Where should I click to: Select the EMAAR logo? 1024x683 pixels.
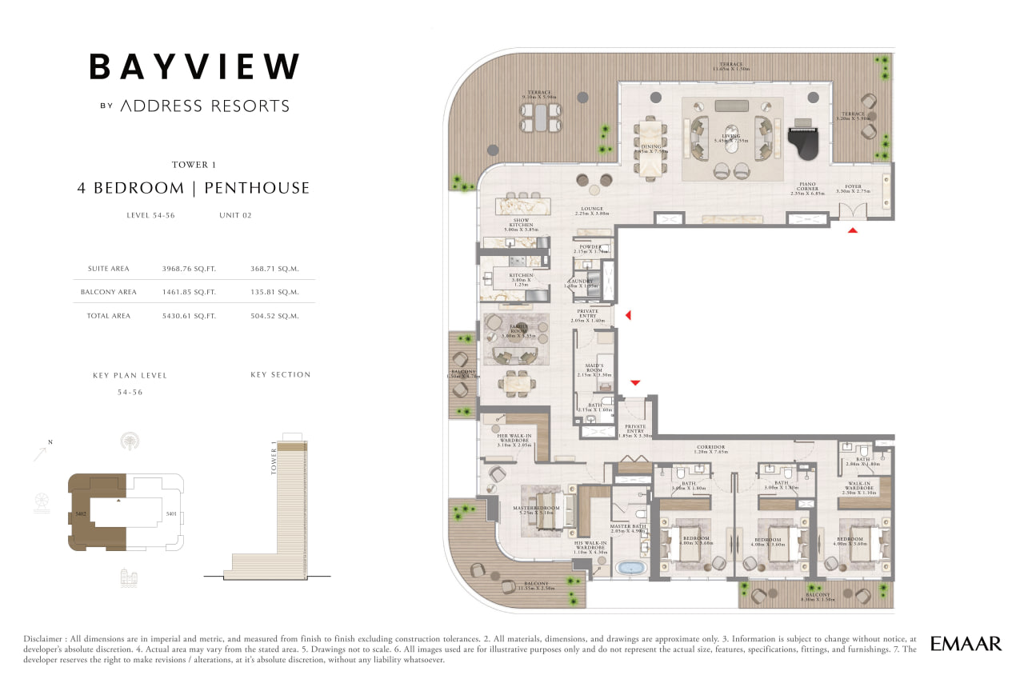[966, 643]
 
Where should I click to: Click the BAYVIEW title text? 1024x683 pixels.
[194, 66]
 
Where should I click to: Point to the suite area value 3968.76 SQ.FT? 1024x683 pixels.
[189, 269]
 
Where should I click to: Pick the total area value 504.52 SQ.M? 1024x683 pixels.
[274, 316]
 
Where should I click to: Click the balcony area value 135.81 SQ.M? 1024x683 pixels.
[274, 292]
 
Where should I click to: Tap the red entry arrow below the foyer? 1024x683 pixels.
[853, 230]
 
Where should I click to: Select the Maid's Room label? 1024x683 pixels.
[594, 368]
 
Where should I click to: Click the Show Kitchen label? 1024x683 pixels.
[522, 222]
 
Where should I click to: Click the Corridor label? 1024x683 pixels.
[710, 447]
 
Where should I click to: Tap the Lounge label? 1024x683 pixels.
[591, 210]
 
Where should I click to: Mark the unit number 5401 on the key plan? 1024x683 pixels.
[170, 513]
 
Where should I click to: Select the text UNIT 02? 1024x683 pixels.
[235, 215]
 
